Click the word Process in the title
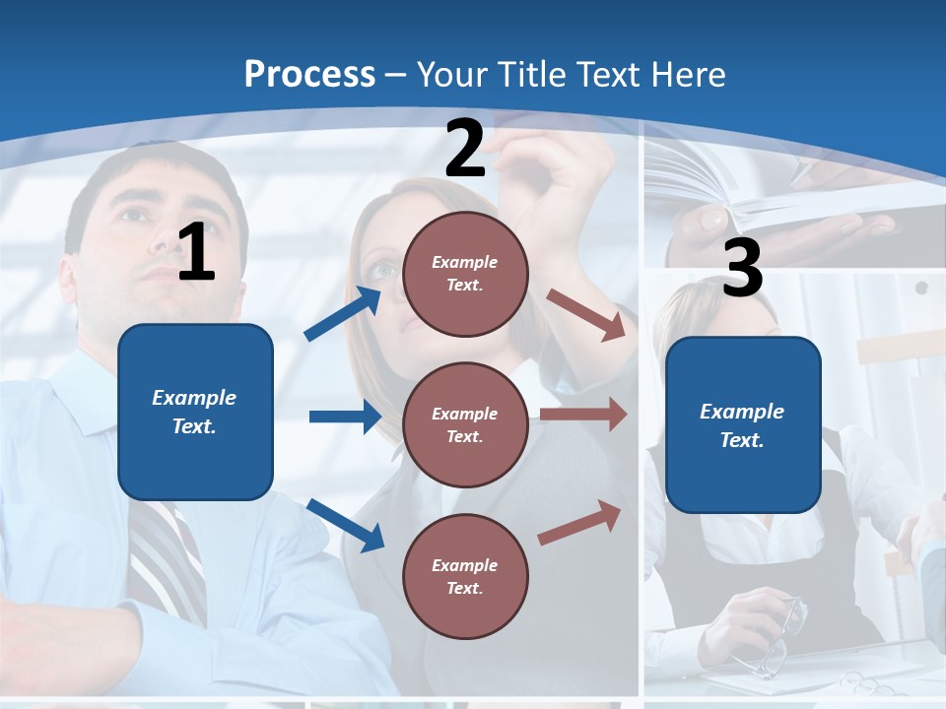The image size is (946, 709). (309, 74)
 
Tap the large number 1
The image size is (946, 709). (196, 252)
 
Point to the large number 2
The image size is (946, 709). (465, 149)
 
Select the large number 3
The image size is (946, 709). (742, 268)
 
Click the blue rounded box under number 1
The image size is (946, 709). (195, 412)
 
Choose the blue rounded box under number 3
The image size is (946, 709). (743, 425)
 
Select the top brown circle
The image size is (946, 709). (465, 274)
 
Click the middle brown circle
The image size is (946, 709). (465, 424)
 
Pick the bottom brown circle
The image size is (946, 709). (465, 576)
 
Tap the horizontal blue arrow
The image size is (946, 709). (345, 417)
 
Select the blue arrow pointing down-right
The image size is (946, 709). (346, 524)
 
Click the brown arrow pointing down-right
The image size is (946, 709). (587, 314)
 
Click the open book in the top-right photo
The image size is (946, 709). (749, 197)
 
